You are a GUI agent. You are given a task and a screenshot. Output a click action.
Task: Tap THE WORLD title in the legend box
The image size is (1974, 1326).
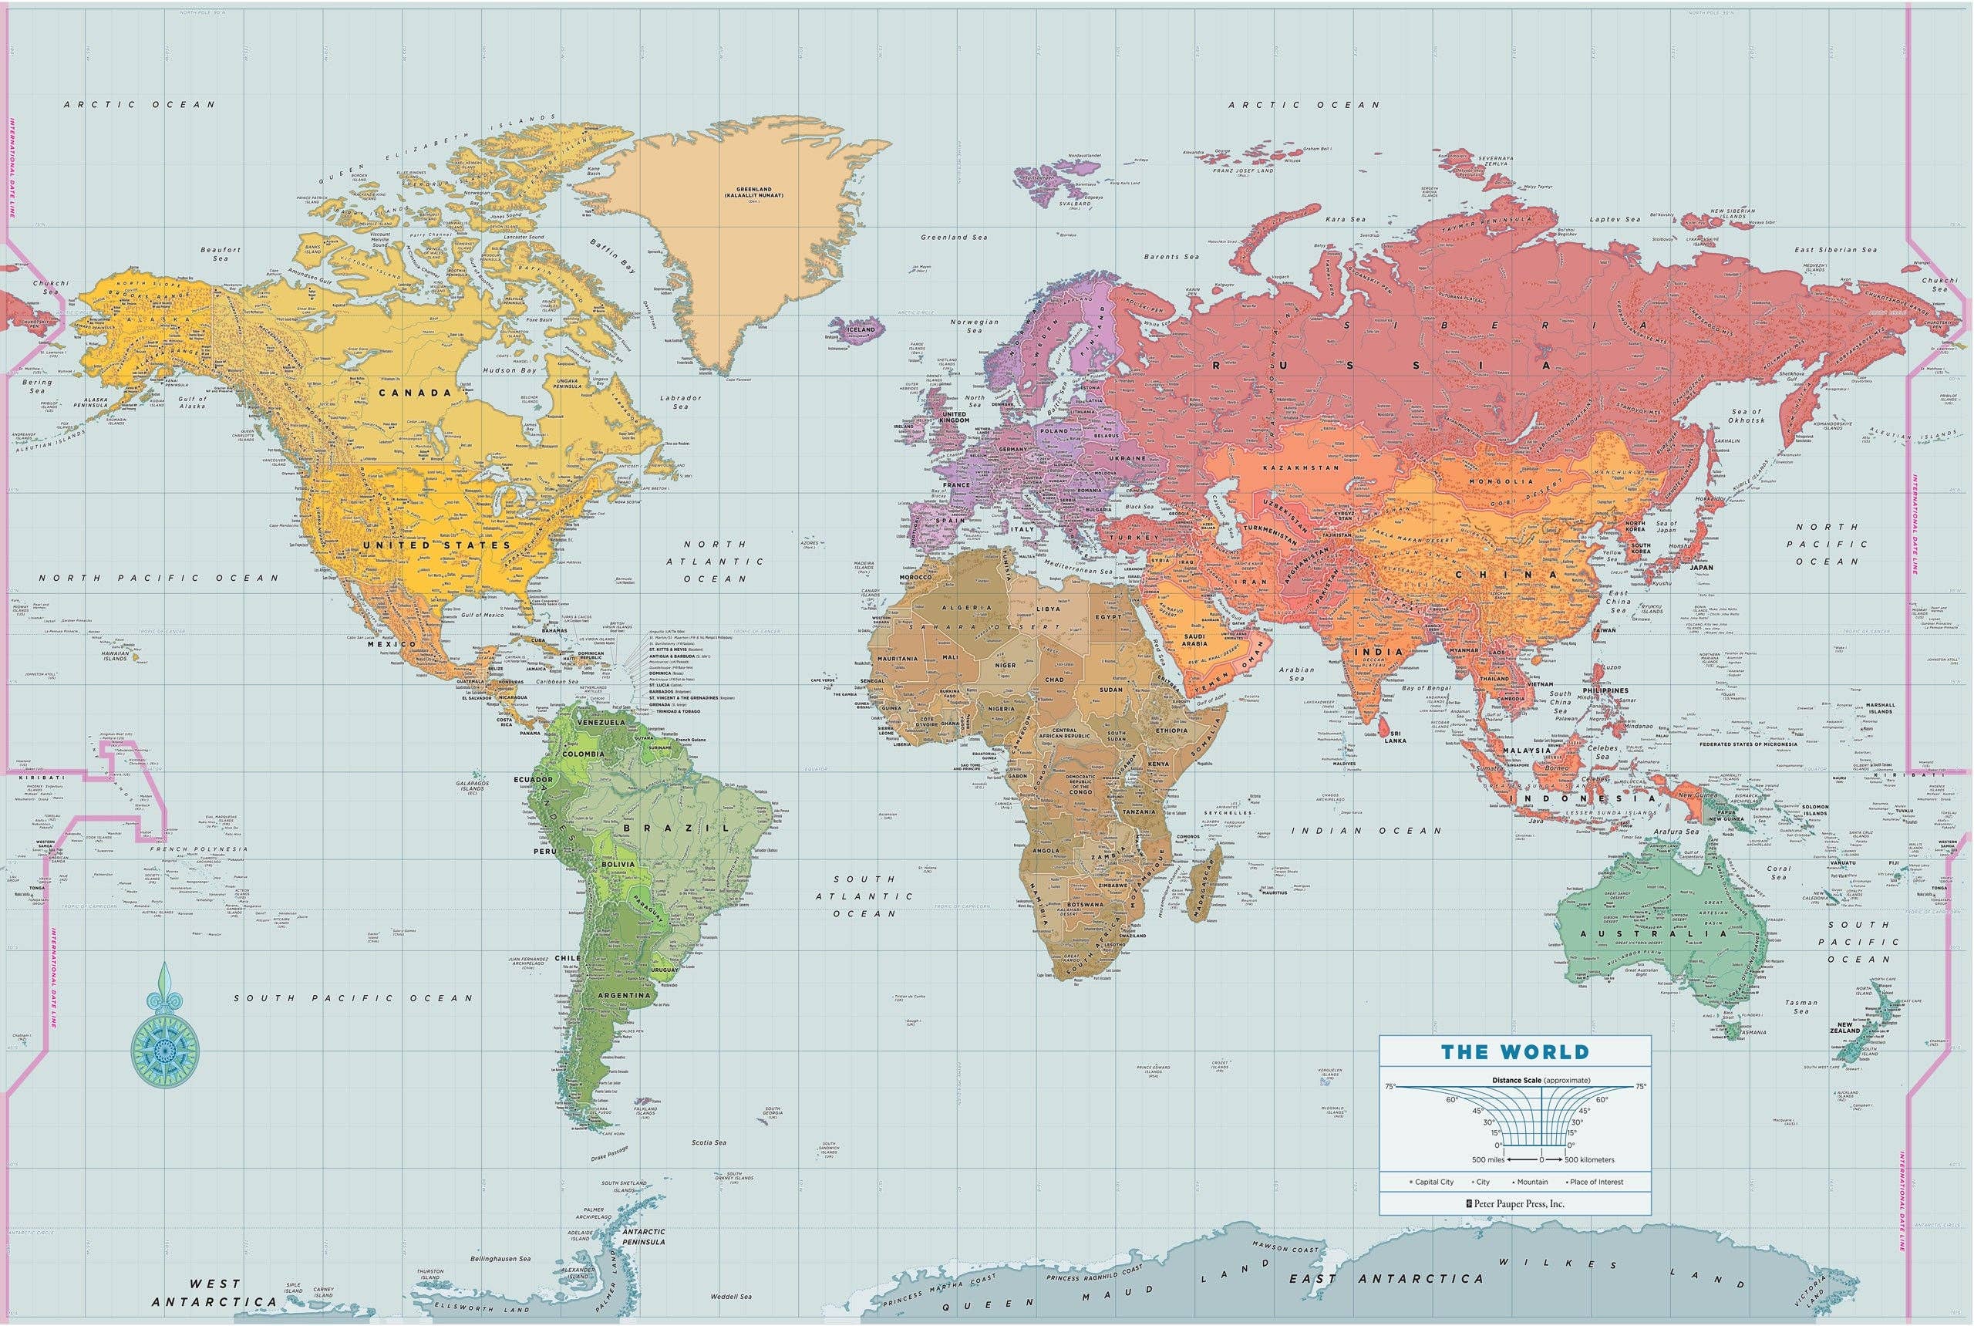click(x=1515, y=1052)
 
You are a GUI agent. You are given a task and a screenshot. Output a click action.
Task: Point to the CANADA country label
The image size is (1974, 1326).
click(x=414, y=393)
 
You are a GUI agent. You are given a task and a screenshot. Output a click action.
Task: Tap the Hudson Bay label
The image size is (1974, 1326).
click(x=509, y=370)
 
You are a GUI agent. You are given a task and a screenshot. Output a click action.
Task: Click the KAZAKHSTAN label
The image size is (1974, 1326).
click(x=1300, y=467)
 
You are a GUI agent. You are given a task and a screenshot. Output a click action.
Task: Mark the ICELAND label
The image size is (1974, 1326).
click(x=861, y=329)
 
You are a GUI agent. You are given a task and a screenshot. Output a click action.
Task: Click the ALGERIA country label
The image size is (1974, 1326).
click(x=966, y=607)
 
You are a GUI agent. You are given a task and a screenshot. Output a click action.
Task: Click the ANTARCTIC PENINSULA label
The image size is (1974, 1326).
click(x=643, y=1237)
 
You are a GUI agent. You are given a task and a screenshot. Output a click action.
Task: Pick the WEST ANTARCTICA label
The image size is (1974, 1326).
click(x=214, y=1292)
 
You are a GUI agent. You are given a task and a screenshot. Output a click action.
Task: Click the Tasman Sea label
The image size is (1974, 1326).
click(x=1801, y=1007)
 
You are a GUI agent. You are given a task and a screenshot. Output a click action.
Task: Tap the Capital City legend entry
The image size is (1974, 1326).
click(x=1433, y=1182)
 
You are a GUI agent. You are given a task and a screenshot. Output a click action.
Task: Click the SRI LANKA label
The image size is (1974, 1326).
click(x=1395, y=737)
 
